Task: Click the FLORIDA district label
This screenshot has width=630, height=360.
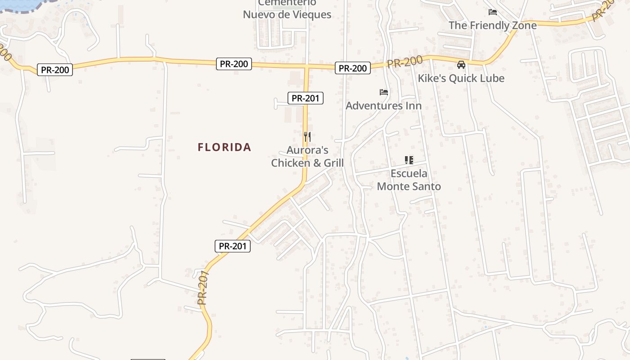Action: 224,147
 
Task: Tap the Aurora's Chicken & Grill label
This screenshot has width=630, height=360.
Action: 307,157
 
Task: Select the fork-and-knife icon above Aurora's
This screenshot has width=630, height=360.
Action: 307,136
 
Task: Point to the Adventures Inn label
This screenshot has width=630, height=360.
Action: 383,106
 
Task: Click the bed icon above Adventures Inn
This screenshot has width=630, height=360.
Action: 383,92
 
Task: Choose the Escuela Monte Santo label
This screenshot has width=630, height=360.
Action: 409,180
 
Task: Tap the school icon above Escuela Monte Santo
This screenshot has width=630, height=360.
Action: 409,160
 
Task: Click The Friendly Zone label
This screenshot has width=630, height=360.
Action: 492,25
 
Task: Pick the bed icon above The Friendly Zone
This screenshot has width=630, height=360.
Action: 493,12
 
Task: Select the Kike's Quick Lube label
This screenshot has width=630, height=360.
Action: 461,78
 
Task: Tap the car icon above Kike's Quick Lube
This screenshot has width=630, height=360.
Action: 461,65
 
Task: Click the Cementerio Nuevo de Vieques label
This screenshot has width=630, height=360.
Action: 287,10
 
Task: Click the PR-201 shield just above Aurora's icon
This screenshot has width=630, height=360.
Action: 306,98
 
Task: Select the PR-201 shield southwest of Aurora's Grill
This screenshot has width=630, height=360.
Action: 232,246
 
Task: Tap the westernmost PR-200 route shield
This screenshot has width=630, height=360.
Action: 55,70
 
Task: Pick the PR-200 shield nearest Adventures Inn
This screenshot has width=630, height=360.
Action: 353,68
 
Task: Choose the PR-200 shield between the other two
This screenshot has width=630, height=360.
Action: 234,64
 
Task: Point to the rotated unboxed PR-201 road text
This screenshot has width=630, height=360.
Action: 204,288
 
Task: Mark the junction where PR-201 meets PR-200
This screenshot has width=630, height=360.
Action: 306,67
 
